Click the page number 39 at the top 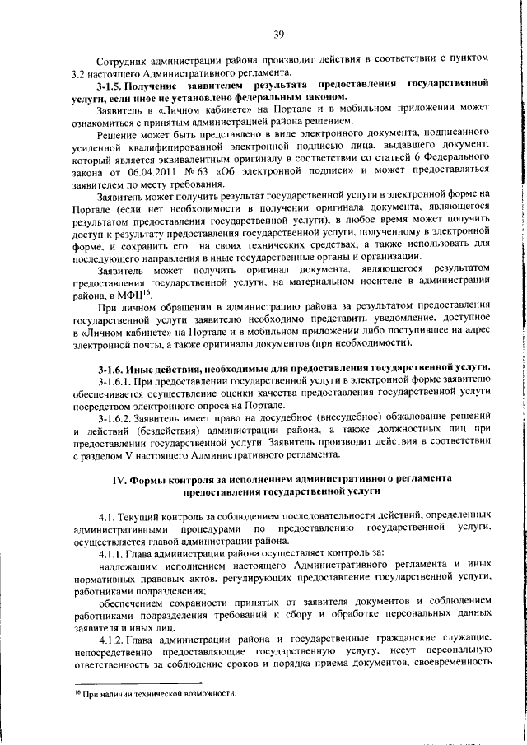click(x=279, y=34)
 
